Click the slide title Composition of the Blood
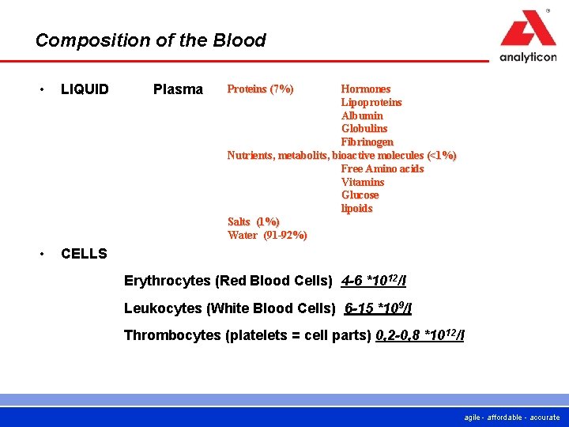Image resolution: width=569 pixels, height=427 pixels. coord(150,40)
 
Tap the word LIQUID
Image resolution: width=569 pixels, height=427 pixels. coord(85,89)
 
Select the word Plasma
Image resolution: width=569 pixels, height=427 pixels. coord(178,89)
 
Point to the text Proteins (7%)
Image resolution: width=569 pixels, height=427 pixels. coord(260,89)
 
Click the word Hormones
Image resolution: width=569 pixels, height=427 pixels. coord(365,89)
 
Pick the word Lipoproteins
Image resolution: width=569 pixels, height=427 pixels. coord(371,102)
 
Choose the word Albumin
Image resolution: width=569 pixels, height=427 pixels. coord(362,115)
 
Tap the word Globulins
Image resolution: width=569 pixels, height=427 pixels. coord(364,128)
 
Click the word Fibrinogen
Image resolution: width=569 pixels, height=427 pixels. coord(367,142)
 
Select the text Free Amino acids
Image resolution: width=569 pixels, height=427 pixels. coord(382,168)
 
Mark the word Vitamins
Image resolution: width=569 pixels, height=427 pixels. coord(363,182)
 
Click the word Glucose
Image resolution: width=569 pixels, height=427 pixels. coord(360,195)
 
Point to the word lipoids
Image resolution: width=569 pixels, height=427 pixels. coord(356,208)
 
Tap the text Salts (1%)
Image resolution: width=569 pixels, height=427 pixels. coord(253,221)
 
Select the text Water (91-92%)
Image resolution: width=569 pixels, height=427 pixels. coord(267,235)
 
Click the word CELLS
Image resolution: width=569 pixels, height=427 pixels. coord(84,254)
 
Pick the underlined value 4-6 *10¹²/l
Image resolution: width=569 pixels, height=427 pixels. coord(374,281)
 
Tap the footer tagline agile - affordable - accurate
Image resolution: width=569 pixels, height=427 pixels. coord(512,417)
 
